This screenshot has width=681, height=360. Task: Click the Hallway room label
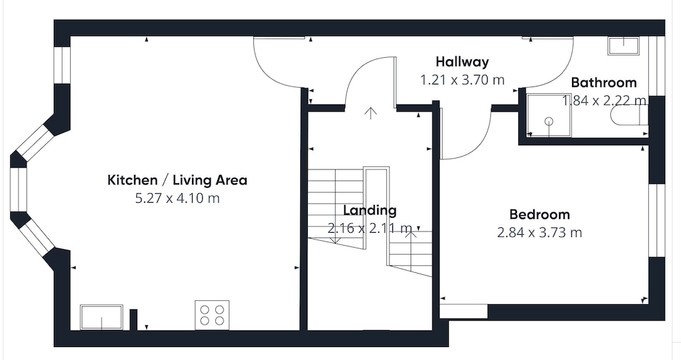(x=462, y=62)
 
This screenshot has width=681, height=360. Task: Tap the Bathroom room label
(x=603, y=82)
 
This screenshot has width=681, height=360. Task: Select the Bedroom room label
(x=539, y=214)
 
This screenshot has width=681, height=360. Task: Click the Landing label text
(x=370, y=210)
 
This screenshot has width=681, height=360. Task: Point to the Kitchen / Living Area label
(x=177, y=180)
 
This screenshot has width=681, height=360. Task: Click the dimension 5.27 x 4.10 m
(x=177, y=199)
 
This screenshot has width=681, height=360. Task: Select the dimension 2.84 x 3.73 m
(x=539, y=233)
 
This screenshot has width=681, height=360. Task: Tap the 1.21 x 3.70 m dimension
(x=462, y=80)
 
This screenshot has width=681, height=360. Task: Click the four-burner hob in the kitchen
(x=212, y=315)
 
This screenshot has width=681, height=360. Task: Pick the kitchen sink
(x=101, y=317)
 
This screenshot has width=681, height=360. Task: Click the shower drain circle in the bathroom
(x=550, y=121)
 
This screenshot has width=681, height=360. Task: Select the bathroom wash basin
(x=624, y=46)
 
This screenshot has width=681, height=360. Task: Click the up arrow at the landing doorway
(x=370, y=113)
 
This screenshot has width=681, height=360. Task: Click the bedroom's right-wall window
(x=656, y=220)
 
